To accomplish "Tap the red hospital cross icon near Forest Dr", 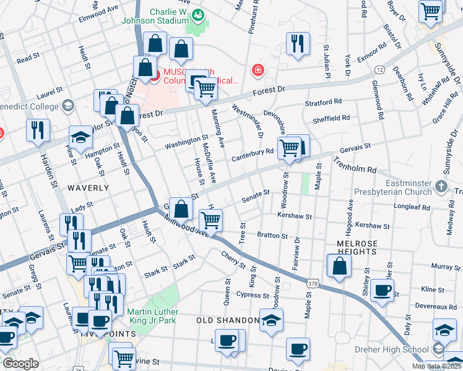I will [257, 72].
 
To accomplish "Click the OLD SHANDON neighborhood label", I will [227, 320].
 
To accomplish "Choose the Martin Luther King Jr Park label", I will [152, 315].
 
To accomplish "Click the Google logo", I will [20, 364].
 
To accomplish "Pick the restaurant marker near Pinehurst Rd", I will [298, 43].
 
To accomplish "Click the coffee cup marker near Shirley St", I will [381, 289].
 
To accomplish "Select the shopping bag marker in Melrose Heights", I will [339, 266].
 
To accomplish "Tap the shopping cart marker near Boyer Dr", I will [431, 11].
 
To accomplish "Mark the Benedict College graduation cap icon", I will [68, 106].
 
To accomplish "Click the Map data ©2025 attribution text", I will [437, 366].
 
